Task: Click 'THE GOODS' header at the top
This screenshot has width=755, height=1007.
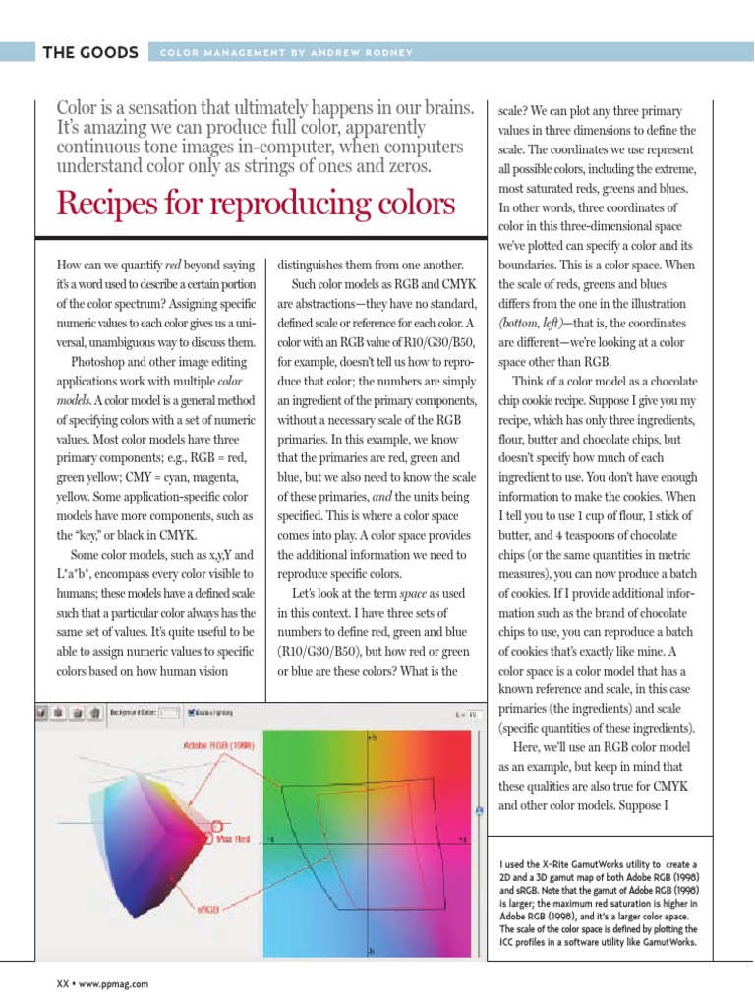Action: [89, 52]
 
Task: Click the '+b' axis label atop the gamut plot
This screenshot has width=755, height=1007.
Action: [371, 737]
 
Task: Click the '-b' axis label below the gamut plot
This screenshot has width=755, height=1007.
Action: [370, 952]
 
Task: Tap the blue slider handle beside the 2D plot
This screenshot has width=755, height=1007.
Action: [479, 811]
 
